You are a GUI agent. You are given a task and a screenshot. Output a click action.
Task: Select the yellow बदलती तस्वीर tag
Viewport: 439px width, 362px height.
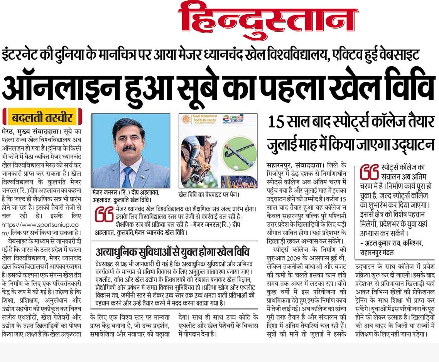pyautogui.click(x=42, y=117)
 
